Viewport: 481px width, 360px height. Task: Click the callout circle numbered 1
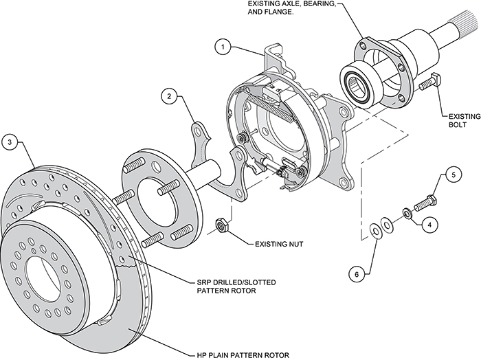(221, 47)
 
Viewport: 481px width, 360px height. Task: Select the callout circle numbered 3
(10, 142)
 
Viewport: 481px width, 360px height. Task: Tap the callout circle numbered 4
(428, 223)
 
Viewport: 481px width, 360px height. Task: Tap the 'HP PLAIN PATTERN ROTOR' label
(240, 354)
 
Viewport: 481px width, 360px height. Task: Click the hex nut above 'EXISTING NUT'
(222, 223)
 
